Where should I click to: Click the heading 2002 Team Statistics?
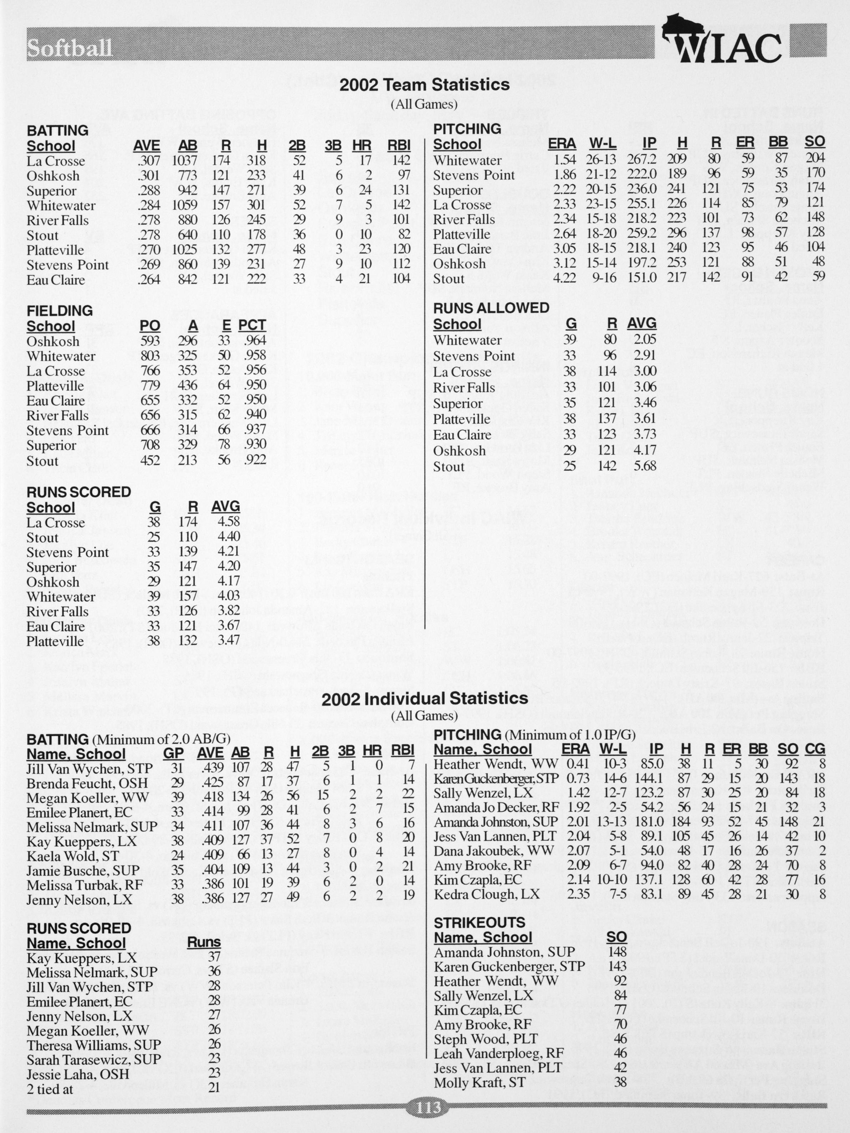(x=425, y=84)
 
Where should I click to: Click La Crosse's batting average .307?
(x=149, y=161)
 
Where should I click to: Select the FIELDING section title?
(x=60, y=310)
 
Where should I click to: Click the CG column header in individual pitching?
(x=815, y=749)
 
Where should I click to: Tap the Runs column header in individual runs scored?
(x=204, y=942)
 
